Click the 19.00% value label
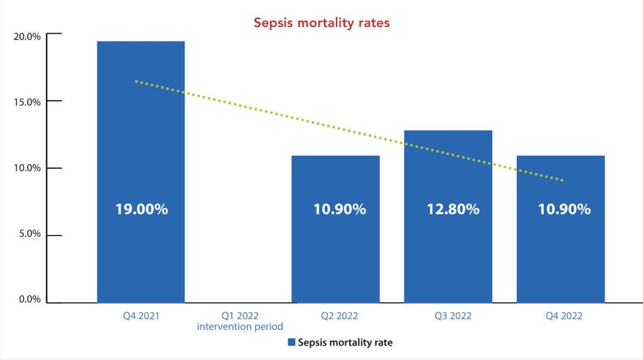(141, 209)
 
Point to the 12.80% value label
(448, 209)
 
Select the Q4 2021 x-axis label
(141, 316)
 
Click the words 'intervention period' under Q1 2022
(240, 327)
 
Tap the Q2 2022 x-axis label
(335, 316)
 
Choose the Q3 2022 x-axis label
(448, 316)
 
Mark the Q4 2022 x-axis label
(560, 316)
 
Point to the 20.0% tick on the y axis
(26, 36)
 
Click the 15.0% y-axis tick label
(26, 102)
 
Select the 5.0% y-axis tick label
(28, 234)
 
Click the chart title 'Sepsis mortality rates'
(321, 23)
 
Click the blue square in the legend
(291, 342)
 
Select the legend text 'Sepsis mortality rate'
(345, 342)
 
